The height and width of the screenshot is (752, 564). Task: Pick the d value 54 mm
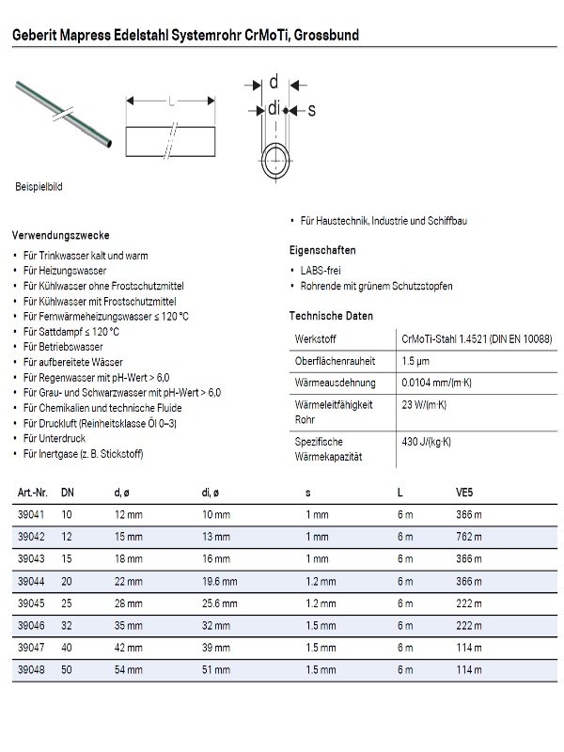[x=128, y=670]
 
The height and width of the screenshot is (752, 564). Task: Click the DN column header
[x=68, y=492]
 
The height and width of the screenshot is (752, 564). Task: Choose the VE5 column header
[x=464, y=492]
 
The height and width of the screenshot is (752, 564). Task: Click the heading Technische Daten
[x=331, y=317]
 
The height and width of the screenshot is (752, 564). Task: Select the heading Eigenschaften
[x=321, y=251]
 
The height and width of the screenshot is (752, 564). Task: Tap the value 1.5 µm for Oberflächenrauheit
[x=415, y=361]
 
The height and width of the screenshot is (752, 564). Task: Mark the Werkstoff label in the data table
[x=316, y=338]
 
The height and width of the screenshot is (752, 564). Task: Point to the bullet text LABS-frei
[x=322, y=270]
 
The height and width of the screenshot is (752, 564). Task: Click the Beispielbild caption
[x=38, y=188]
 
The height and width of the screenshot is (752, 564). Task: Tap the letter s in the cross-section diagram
[x=311, y=111]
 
